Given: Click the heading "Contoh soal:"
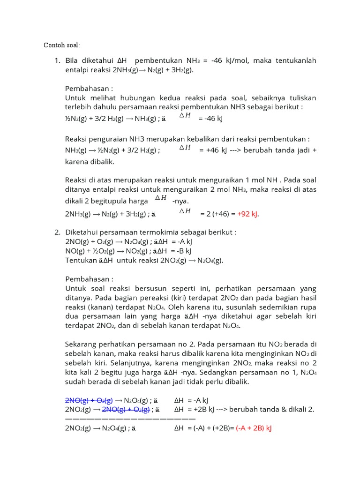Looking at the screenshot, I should click(61, 45).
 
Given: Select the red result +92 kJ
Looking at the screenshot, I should click(247, 214).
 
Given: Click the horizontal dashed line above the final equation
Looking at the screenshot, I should click(130, 418).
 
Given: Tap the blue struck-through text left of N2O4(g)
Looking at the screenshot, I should click(89, 400).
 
